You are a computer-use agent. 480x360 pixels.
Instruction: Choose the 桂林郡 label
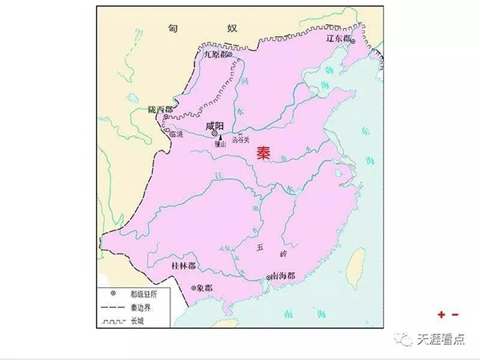185,264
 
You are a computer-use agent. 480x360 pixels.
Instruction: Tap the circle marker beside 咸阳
214,135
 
